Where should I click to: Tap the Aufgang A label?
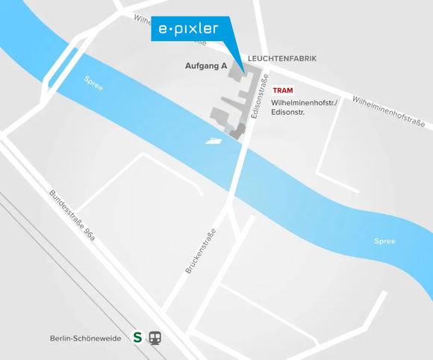pos(206,66)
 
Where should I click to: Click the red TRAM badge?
pos(283,90)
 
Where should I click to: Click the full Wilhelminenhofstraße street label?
pos(388,111)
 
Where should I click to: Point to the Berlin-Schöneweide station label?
pos(85,338)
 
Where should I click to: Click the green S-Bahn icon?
pos(137,338)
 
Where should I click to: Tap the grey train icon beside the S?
pos(155,338)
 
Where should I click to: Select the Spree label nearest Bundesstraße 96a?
pos(93,83)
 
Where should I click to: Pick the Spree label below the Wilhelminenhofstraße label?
pos(384,241)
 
